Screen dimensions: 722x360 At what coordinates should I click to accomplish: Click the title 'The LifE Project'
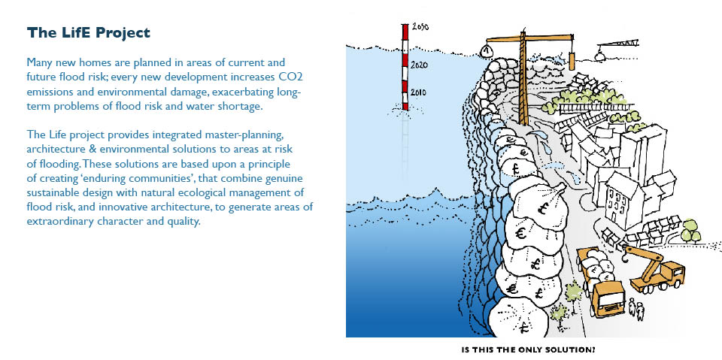coord(89,33)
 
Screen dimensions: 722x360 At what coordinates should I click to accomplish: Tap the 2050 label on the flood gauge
coord(420,27)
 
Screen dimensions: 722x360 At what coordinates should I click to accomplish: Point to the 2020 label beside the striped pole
coord(419,65)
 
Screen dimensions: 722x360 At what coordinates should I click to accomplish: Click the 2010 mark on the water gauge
coord(418,92)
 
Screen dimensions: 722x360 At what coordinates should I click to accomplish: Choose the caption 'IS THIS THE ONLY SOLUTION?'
coord(528,349)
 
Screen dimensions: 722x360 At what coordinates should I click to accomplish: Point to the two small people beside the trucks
coord(636,309)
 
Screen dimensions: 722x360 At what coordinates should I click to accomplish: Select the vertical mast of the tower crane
coord(523,77)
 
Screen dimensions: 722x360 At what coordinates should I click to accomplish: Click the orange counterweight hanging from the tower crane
coord(572,61)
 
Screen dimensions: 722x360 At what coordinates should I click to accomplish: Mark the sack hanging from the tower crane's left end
coord(487,50)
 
